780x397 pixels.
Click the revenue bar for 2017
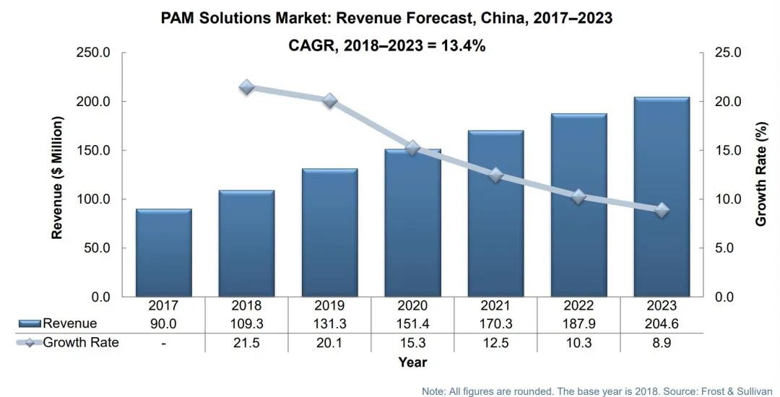(x=164, y=253)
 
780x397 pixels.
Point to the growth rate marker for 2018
(x=247, y=87)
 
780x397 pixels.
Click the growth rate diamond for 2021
(x=495, y=175)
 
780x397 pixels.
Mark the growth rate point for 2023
(x=661, y=211)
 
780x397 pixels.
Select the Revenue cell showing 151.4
(x=412, y=323)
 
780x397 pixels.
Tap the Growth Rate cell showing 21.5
(x=247, y=343)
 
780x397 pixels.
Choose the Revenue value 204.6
(x=661, y=323)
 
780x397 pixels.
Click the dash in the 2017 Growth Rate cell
(x=164, y=343)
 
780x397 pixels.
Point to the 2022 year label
(x=578, y=305)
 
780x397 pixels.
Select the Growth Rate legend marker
(x=29, y=343)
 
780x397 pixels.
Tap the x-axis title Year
(x=412, y=362)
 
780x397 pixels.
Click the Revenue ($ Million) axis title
(x=57, y=177)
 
